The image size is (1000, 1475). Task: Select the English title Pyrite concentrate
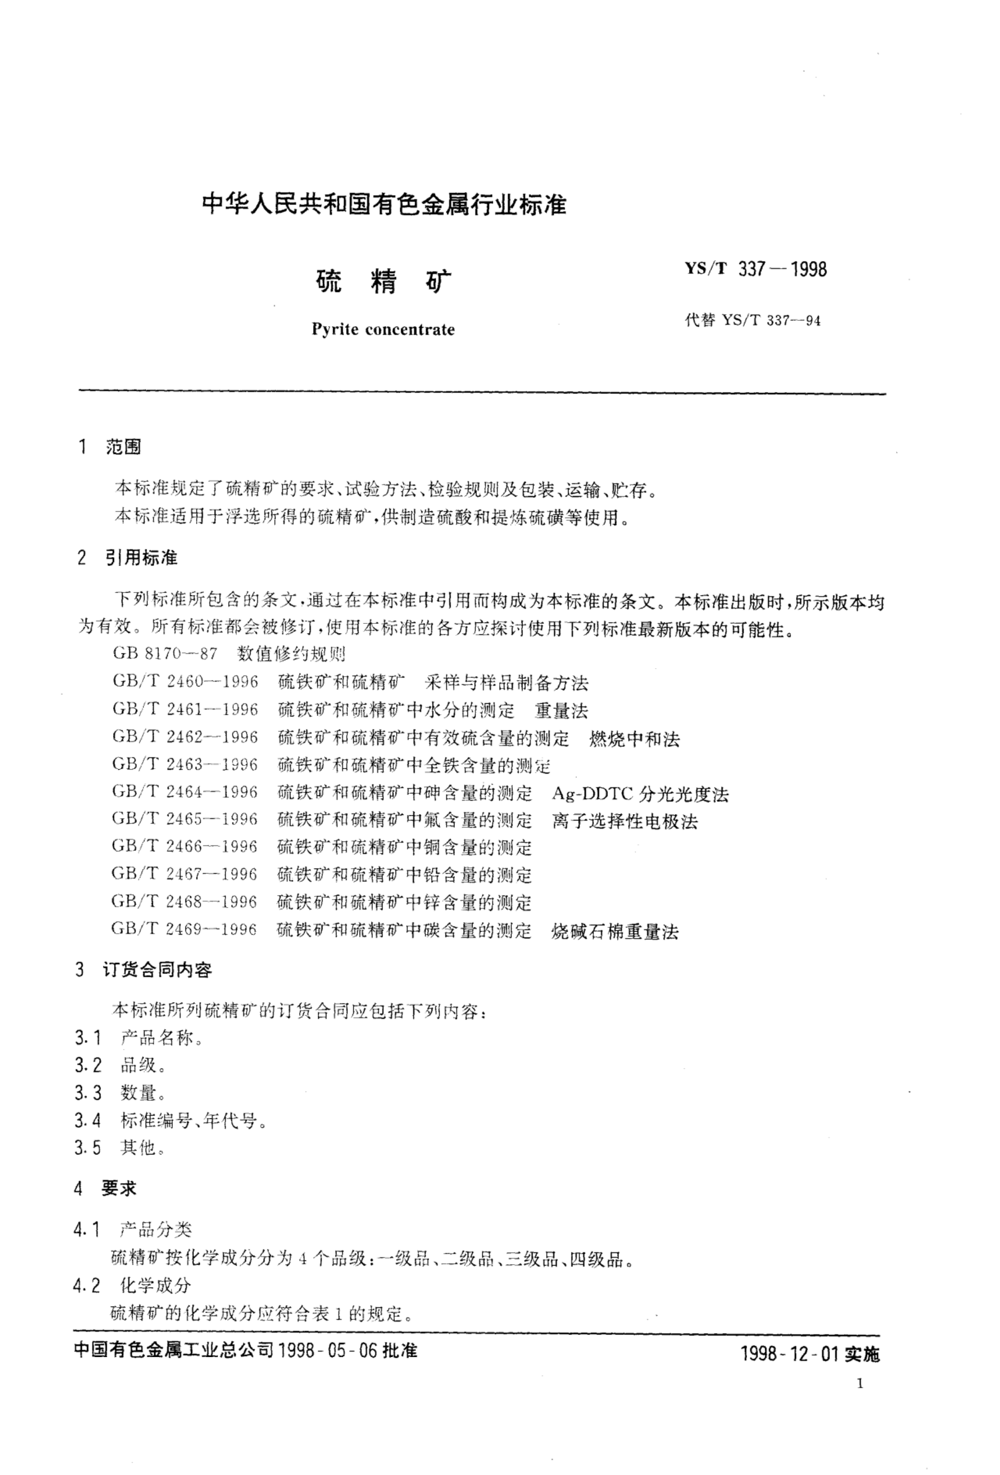pos(383,329)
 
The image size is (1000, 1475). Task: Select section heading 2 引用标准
pos(127,558)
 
